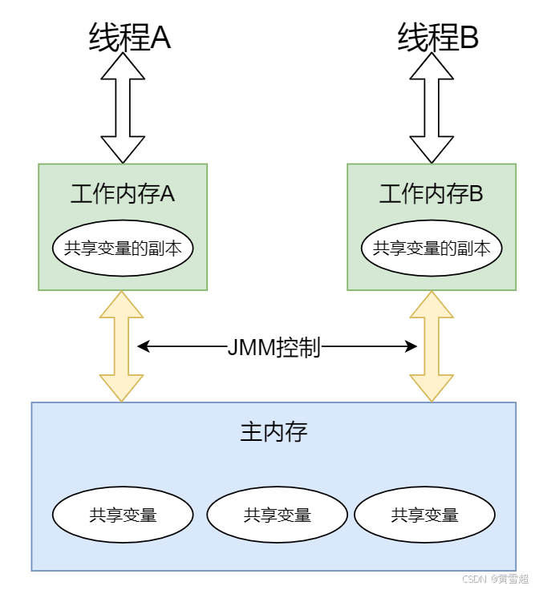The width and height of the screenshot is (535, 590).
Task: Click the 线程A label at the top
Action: pyautogui.click(x=129, y=37)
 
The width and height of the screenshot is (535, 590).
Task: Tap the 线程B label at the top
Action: pyautogui.click(x=438, y=37)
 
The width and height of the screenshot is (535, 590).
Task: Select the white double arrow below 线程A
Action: pyautogui.click(x=123, y=108)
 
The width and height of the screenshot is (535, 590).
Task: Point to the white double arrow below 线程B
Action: pyautogui.click(x=432, y=108)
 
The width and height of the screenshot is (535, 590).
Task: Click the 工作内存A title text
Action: pyautogui.click(x=123, y=194)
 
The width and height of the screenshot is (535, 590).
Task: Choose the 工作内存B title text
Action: pyautogui.click(x=432, y=194)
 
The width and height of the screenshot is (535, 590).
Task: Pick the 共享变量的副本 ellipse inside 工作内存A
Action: pyautogui.click(x=123, y=249)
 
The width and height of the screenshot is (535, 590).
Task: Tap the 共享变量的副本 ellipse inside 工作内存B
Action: pyautogui.click(x=432, y=249)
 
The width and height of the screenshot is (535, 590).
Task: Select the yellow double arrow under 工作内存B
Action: pyautogui.click(x=432, y=346)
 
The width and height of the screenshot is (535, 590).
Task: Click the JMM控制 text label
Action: pyautogui.click(x=274, y=347)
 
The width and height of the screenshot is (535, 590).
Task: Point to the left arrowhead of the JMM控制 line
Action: pyautogui.click(x=143, y=347)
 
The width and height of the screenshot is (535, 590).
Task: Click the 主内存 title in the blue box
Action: pyautogui.click(x=274, y=433)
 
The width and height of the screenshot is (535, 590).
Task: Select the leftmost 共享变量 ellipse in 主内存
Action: pyautogui.click(x=123, y=515)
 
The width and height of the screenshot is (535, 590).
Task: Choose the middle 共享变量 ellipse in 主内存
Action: pyautogui.click(x=277, y=515)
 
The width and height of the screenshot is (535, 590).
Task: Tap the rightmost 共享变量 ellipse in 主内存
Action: pyautogui.click(x=424, y=515)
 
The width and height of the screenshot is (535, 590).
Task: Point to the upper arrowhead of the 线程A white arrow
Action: pyautogui.click(x=123, y=67)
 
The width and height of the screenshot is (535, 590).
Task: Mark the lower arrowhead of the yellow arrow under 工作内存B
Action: pyautogui.click(x=432, y=389)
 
